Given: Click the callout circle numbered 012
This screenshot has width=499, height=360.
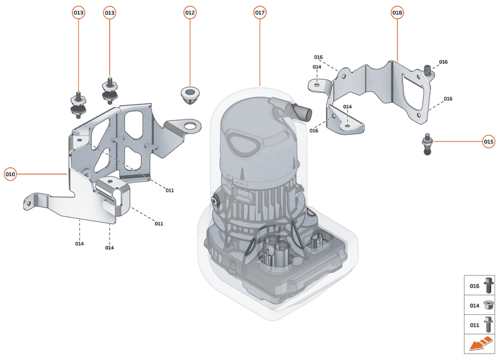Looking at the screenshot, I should pyautogui.click(x=190, y=13).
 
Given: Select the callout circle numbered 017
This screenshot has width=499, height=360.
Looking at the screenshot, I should pyautogui.click(x=260, y=13).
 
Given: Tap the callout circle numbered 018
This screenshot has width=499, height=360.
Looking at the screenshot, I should pyautogui.click(x=397, y=13).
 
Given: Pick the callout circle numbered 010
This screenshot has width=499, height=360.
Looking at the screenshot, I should pyautogui.click(x=10, y=174).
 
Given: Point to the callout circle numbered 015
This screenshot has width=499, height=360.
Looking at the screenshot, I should pyautogui.click(x=488, y=141).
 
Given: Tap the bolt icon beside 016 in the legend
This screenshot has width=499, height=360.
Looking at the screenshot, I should pyautogui.click(x=489, y=285).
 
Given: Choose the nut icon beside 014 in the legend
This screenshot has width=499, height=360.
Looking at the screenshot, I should pyautogui.click(x=489, y=305).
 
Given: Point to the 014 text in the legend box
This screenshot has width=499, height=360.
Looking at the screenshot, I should pyautogui.click(x=474, y=305).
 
